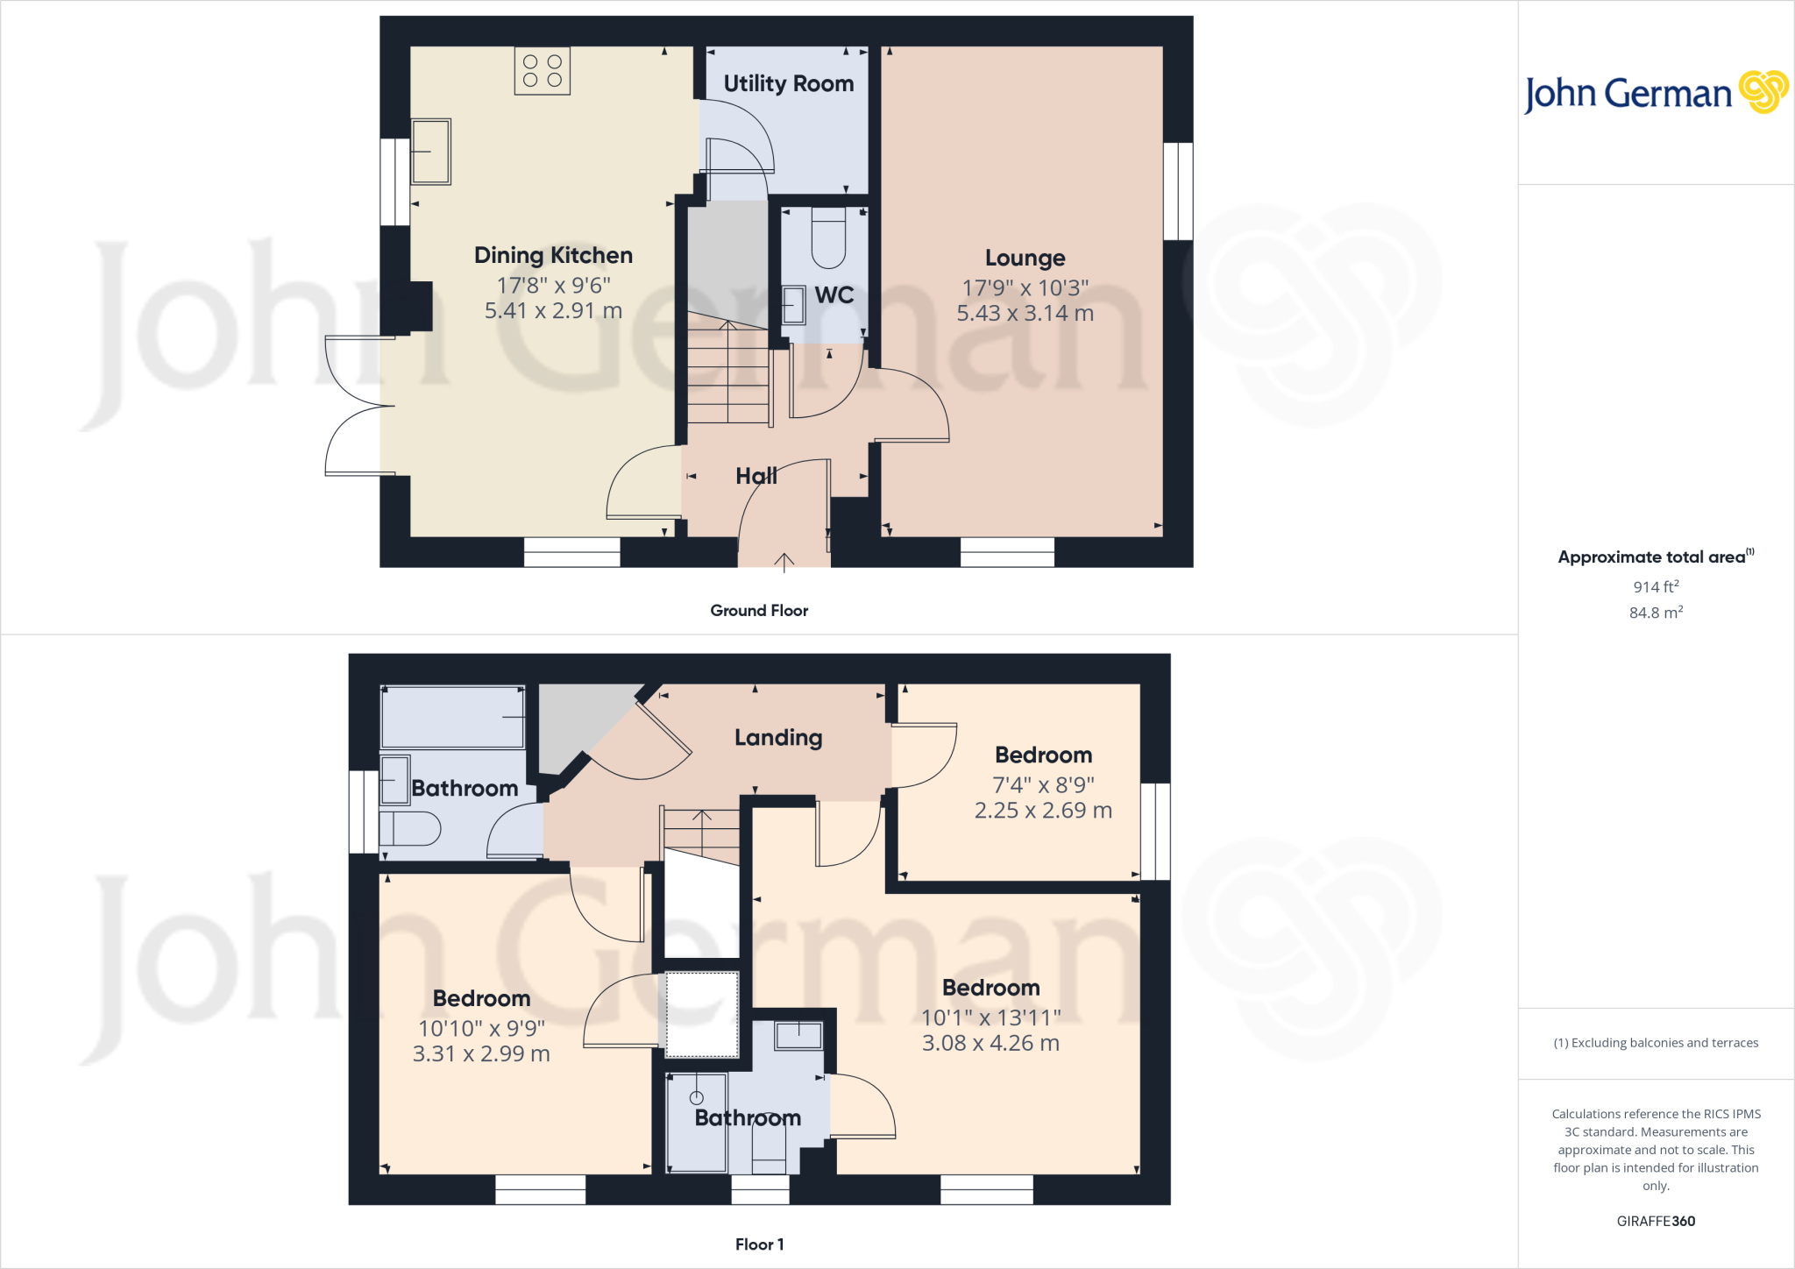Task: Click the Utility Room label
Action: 788,83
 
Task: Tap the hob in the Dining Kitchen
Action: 542,71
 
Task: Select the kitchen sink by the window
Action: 430,152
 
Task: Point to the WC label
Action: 834,295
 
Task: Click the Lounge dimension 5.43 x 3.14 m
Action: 1025,314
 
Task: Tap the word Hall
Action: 756,476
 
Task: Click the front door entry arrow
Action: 784,562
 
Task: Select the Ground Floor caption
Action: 759,611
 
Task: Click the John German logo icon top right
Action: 1763,91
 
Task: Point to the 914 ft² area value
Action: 1656,586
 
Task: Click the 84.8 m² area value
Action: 1656,613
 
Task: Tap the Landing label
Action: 778,738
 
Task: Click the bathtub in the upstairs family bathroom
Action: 452,717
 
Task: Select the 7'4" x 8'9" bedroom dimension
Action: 1043,785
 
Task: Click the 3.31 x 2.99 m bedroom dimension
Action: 481,1054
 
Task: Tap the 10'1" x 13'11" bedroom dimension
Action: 990,1017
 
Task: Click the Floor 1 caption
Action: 759,1244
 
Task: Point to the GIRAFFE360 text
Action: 1656,1221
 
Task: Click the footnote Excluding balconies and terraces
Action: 1656,1043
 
